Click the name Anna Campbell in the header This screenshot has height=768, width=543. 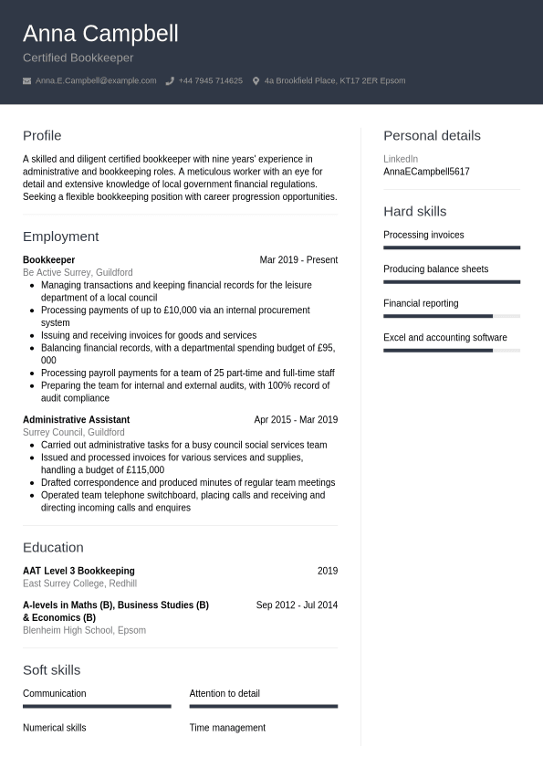click(100, 34)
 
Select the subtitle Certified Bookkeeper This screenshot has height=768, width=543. click(78, 58)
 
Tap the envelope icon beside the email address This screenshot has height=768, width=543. click(26, 80)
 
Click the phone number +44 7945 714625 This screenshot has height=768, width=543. click(210, 80)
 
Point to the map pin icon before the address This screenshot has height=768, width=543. click(256, 80)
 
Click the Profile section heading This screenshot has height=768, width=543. click(42, 135)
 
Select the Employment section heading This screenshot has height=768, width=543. click(60, 236)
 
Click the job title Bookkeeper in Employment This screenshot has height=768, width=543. click(48, 260)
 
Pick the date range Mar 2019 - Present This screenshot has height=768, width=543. click(298, 260)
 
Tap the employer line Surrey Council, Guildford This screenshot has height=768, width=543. click(73, 432)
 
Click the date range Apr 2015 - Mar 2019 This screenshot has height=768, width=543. click(296, 420)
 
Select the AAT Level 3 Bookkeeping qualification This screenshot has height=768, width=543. click(78, 571)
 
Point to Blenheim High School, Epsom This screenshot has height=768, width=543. click(84, 630)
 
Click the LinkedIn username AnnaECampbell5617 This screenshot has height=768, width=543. click(426, 172)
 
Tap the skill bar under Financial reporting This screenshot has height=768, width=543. click(451, 316)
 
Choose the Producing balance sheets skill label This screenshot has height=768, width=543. click(435, 269)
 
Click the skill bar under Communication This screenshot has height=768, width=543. click(97, 706)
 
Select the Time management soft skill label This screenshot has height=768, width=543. click(227, 728)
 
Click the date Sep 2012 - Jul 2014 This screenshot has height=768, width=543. click(297, 605)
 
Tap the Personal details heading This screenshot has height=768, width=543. click(432, 135)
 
